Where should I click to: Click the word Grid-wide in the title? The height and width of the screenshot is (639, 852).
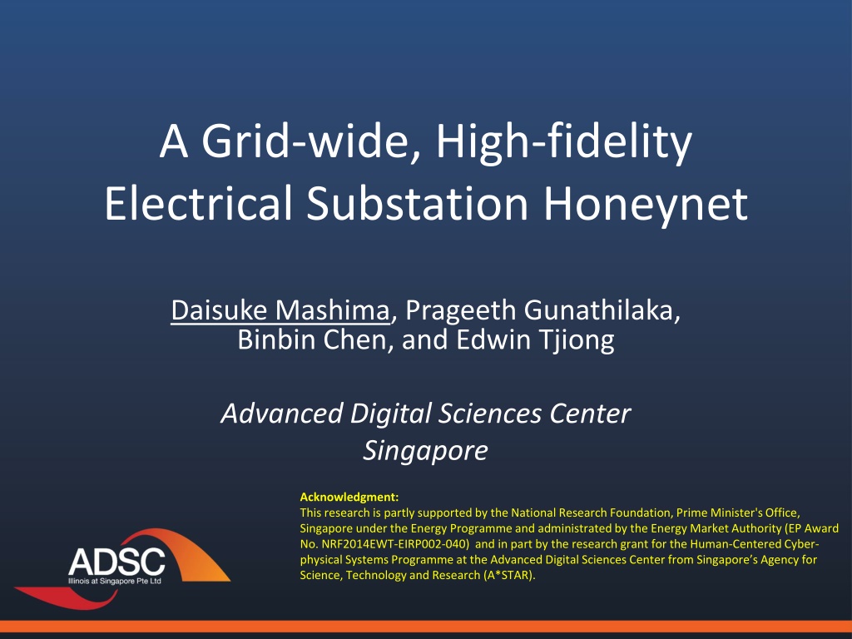(x=311, y=141)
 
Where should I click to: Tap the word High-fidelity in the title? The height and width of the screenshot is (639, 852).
(x=564, y=142)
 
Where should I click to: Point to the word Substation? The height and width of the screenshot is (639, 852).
(x=418, y=203)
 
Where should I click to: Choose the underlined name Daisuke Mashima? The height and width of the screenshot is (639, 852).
(x=280, y=310)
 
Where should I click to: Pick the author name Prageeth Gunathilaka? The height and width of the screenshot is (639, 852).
(x=542, y=311)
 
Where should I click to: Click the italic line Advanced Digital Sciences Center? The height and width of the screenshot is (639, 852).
(x=426, y=414)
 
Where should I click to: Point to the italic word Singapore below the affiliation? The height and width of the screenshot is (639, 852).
(x=426, y=451)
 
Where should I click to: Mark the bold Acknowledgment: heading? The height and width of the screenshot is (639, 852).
(x=349, y=497)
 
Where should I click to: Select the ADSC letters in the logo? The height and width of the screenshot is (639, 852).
(x=116, y=562)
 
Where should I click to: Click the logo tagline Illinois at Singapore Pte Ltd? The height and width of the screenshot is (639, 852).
(x=115, y=581)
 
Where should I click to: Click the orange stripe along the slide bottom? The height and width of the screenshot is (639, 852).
(x=426, y=627)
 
